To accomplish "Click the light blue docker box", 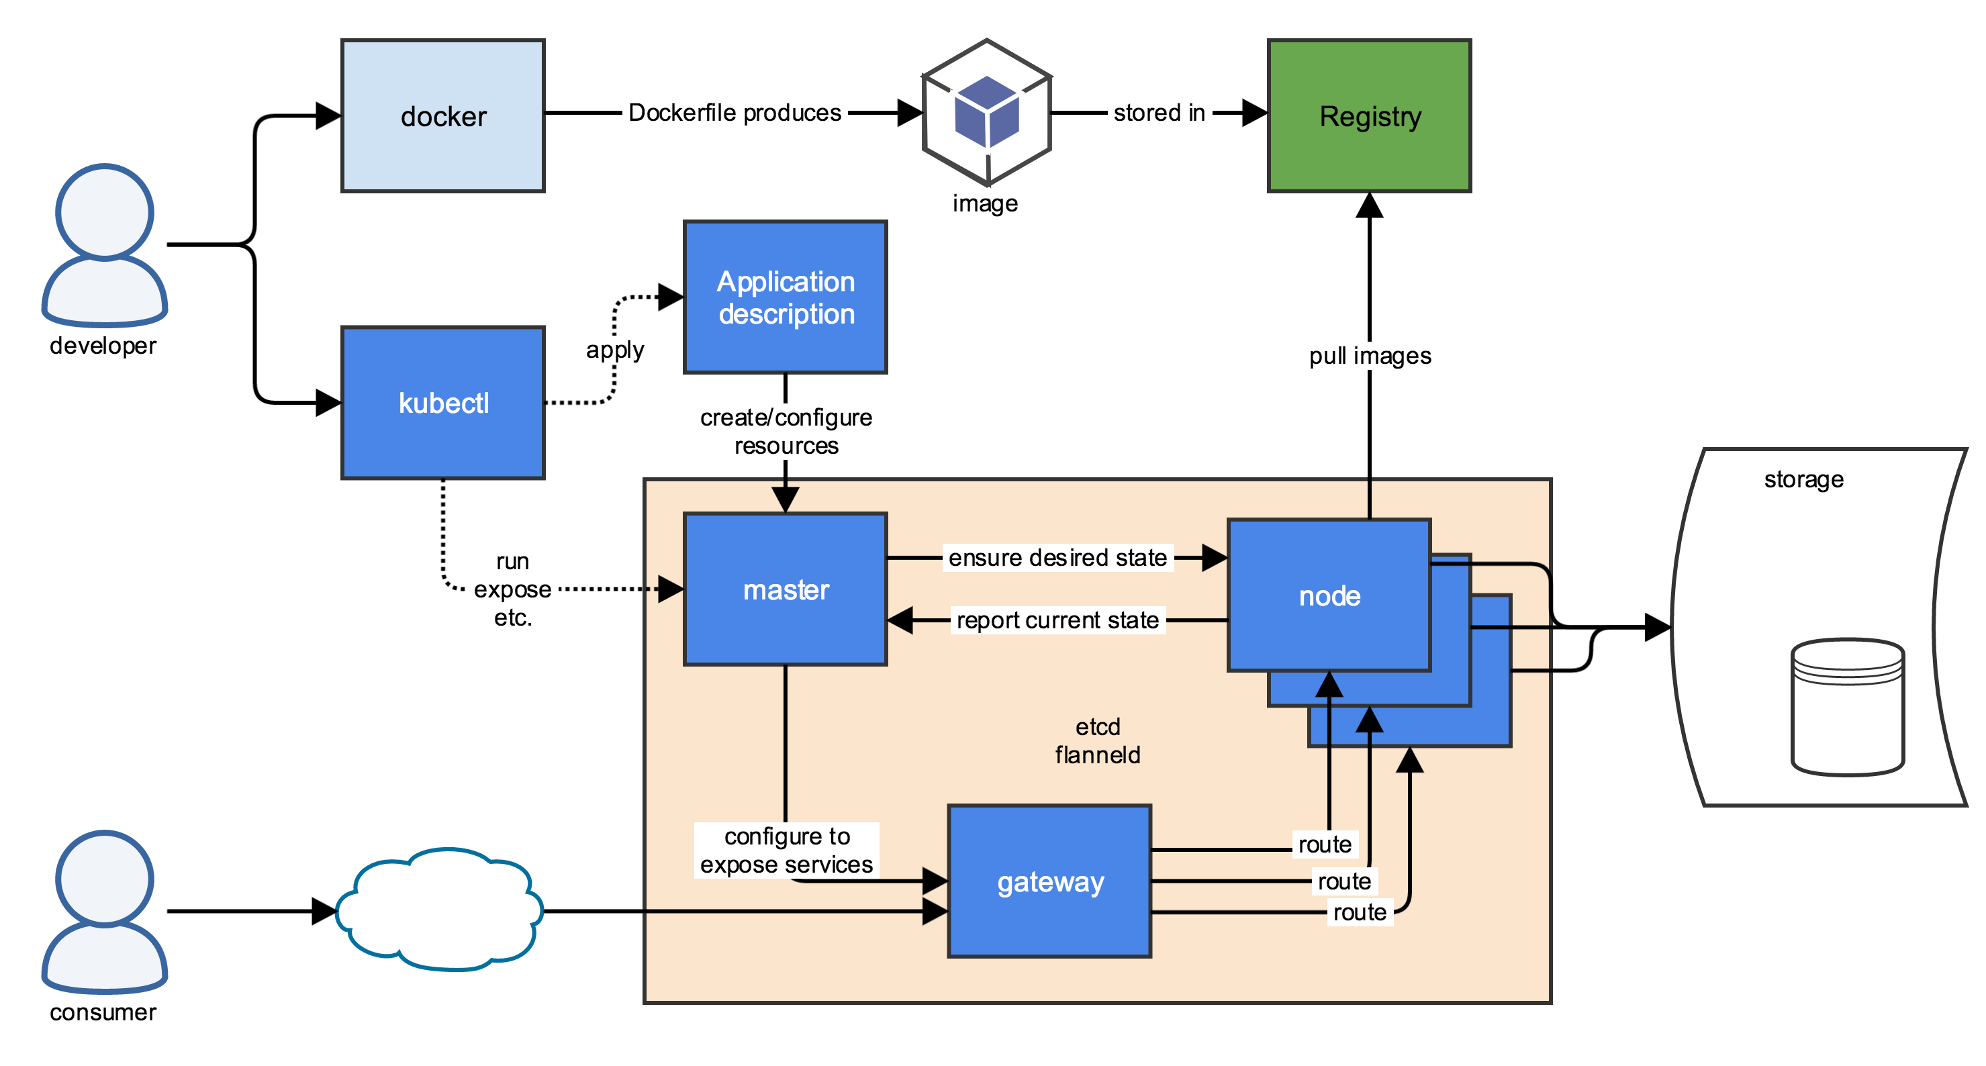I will [442, 115].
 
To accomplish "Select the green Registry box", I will [1369, 115].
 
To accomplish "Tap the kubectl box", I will [442, 402].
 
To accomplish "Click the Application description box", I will [786, 297].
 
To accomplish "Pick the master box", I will [786, 589].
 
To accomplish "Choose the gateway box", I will [1049, 881].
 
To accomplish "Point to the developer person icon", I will [105, 245].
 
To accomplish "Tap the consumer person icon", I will [105, 911].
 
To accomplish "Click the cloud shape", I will [440, 910].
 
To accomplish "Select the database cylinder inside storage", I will [1848, 707].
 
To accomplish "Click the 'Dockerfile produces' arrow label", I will [735, 113].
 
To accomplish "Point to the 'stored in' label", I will [1159, 113].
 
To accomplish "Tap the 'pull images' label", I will [1370, 356].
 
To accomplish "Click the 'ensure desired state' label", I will [1057, 557].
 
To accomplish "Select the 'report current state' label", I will [1057, 620].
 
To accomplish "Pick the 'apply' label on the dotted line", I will [614, 350].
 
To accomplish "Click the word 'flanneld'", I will [1097, 755].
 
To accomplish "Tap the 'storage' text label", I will [1804, 479].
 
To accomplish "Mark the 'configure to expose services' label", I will [786, 850].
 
